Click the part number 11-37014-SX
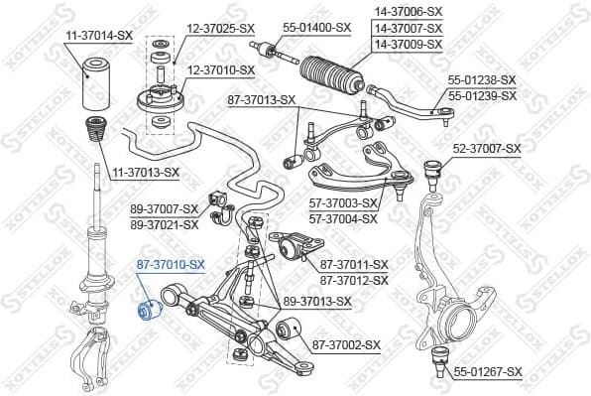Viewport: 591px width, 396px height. pyautogui.click(x=99, y=36)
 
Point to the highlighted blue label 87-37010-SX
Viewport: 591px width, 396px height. pyautogui.click(x=170, y=264)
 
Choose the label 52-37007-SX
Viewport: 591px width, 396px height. pyautogui.click(x=487, y=149)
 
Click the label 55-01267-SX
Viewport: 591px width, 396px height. pyautogui.click(x=488, y=371)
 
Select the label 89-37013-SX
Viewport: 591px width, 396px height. pyautogui.click(x=317, y=301)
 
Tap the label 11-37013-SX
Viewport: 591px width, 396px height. pyautogui.click(x=146, y=173)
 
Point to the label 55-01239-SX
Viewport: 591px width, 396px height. pyautogui.click(x=483, y=95)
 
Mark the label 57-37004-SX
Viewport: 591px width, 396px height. pyautogui.click(x=344, y=218)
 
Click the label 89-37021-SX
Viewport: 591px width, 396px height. pyautogui.click(x=165, y=224)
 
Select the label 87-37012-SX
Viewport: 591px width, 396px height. pyautogui.click(x=354, y=280)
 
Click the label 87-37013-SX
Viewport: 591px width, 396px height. pyautogui.click(x=262, y=99)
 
